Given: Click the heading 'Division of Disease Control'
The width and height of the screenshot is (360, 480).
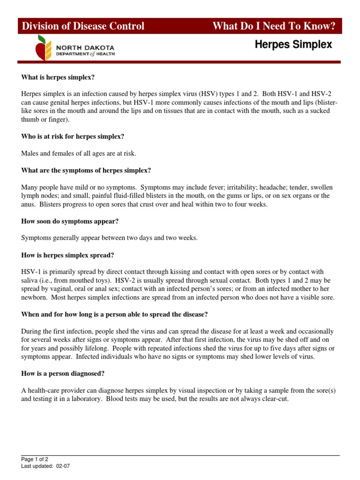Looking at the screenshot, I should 83,26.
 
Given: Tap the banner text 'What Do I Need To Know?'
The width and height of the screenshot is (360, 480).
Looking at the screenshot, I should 274,26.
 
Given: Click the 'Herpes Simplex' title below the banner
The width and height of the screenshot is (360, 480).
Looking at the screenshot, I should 293,45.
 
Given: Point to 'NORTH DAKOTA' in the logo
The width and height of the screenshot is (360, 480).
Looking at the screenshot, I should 85,48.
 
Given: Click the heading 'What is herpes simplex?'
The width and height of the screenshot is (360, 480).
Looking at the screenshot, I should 61,77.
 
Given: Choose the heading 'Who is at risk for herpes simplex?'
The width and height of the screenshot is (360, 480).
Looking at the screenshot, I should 73,136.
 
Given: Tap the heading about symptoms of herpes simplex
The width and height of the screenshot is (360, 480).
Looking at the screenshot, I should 86,170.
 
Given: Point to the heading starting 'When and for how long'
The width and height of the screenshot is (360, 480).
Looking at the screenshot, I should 114,314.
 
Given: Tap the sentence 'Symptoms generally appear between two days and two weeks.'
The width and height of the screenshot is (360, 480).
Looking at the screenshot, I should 110,238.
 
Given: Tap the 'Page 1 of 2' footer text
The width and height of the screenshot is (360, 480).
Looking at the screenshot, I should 35,459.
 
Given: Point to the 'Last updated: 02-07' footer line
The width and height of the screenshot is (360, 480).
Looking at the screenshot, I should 46,466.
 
